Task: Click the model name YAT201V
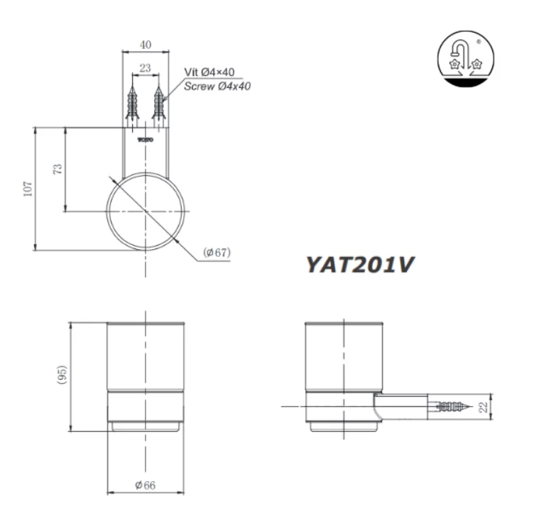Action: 359,263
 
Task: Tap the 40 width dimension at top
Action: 146,45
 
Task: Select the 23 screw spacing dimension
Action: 145,68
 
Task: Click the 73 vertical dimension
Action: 58,169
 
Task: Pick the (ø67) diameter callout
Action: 217,253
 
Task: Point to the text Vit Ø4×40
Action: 210,72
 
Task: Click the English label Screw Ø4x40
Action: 217,86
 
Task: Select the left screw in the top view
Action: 131,104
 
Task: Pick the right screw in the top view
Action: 158,104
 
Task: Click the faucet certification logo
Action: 465,58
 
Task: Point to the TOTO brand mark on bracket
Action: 145,140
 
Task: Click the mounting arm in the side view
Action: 401,407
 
